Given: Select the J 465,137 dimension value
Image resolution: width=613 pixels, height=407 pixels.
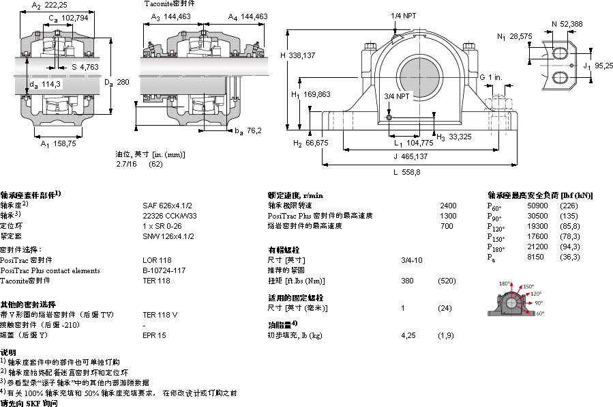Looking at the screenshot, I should (x=411, y=156).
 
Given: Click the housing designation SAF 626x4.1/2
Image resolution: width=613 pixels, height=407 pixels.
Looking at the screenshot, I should (x=167, y=205).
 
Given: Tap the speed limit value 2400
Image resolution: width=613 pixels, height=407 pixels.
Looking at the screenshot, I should (x=448, y=205).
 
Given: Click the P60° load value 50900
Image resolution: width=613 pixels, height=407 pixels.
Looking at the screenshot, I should (x=537, y=206).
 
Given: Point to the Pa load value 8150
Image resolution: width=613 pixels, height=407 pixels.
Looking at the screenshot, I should (x=535, y=257).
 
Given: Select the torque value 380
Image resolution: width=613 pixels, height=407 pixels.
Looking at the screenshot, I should (x=407, y=281).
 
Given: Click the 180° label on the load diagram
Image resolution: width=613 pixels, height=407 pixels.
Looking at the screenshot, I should (x=505, y=283).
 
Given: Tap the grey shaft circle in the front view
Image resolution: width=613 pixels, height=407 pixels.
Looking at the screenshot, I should (x=418, y=75).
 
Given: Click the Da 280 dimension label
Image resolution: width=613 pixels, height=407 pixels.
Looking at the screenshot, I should (x=116, y=82).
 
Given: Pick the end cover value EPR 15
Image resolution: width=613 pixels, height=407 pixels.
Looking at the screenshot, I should (x=154, y=335).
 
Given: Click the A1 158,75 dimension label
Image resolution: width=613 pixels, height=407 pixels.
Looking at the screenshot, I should (x=57, y=144).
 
